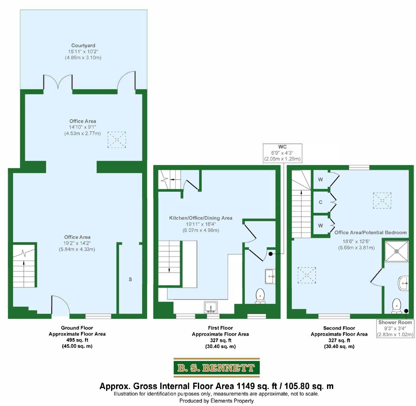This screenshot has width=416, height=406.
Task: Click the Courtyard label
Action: [83, 46]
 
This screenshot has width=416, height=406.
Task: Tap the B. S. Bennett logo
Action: [216, 368]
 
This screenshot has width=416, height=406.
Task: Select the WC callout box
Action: [282, 153]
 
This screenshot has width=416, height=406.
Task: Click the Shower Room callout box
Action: [395, 328]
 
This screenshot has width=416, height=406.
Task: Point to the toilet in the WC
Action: [260, 296]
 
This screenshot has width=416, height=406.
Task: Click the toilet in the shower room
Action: [396, 305]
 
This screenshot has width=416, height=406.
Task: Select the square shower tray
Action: [396, 251]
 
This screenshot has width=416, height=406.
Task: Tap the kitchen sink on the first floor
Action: [211, 307]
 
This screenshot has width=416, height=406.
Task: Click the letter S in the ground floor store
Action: [130, 280]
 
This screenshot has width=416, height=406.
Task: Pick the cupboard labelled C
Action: [320, 202]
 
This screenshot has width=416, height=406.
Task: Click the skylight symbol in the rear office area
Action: [117, 139]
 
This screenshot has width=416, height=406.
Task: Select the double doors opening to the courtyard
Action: [58, 82]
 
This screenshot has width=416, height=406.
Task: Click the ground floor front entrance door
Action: [60, 305]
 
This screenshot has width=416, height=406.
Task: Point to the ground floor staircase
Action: [24, 266]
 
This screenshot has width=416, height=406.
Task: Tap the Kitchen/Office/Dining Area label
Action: [201, 218]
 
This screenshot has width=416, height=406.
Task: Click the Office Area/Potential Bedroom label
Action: [370, 233]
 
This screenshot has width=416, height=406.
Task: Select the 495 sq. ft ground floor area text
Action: [77, 340]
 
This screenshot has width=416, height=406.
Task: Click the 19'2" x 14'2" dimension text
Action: [77, 243]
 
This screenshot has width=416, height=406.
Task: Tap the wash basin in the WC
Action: [270, 276]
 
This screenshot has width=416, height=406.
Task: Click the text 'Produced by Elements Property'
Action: [216, 401]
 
